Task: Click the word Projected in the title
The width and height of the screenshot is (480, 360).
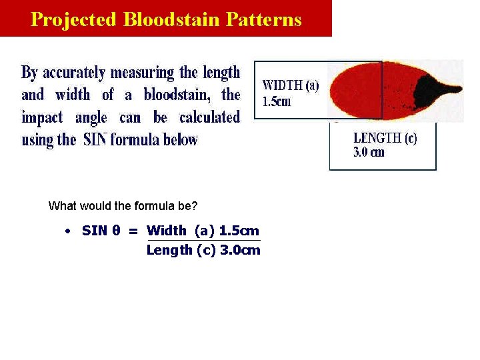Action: coord(74,19)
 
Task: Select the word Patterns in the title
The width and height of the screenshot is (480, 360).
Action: coord(264,19)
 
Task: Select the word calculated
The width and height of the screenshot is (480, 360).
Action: coord(209,117)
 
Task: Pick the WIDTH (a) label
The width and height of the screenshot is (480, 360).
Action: coord(291,86)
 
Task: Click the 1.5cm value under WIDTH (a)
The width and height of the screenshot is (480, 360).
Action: coord(277,102)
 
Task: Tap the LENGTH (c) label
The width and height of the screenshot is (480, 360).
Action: coord(385,139)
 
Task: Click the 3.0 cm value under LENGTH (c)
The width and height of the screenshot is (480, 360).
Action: coord(369,153)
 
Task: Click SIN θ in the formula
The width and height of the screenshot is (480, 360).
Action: coord(101,231)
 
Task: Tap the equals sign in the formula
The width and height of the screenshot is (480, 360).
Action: coord(133,231)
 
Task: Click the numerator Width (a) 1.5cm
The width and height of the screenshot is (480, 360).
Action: coord(203,231)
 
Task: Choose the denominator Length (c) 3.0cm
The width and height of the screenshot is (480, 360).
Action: coord(203,250)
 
